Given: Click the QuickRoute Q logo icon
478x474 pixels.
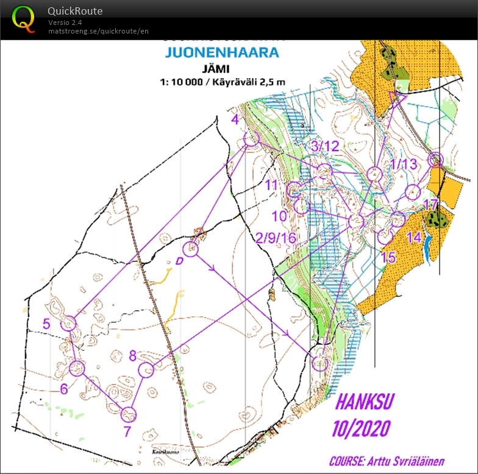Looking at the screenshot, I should (x=23, y=18).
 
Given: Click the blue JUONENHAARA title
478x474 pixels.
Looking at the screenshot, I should (x=222, y=52).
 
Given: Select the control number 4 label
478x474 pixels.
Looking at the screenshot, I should (x=235, y=120).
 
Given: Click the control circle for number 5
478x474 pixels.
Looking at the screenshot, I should (x=69, y=323).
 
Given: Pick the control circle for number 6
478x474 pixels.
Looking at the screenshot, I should (x=77, y=368).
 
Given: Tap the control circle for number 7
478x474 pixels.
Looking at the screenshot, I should (x=128, y=415).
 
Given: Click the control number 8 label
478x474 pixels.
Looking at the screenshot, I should (x=133, y=355).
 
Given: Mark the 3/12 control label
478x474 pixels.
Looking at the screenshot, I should (x=324, y=146).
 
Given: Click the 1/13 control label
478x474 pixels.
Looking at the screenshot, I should (x=403, y=163).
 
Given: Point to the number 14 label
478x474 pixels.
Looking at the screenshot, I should (x=413, y=238).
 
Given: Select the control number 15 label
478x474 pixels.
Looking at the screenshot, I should (x=388, y=257).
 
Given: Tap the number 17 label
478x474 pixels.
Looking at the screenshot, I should (x=431, y=205).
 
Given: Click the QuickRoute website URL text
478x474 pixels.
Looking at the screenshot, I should (x=98, y=31).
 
